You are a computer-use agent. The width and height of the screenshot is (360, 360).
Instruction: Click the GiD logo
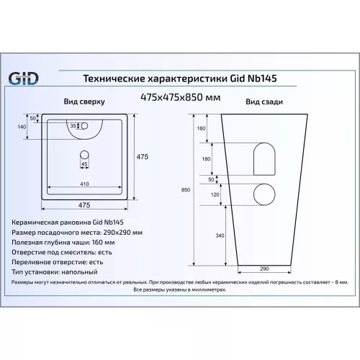pos(23,78)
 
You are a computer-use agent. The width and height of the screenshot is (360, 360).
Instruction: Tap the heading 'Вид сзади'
pos(259,102)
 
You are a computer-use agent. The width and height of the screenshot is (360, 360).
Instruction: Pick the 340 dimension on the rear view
pos(219,235)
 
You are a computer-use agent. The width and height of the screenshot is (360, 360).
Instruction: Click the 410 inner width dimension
pos(85,184)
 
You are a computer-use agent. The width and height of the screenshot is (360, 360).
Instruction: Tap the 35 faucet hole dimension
pos(73,127)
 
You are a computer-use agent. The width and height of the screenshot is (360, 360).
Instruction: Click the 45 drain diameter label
pos(84,163)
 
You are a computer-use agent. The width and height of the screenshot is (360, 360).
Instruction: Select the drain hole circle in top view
pos(84,153)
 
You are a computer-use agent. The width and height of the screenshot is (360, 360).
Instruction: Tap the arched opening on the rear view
pos(264,158)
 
